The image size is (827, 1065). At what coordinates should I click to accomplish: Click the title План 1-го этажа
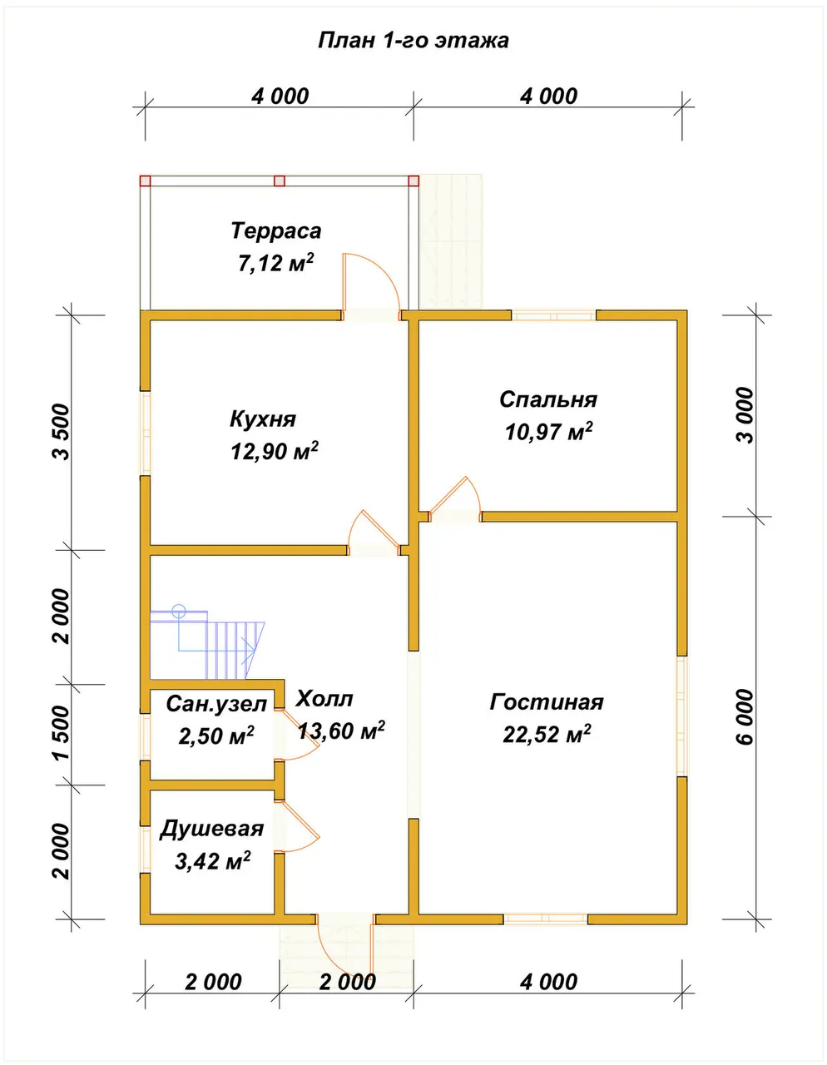(x=413, y=41)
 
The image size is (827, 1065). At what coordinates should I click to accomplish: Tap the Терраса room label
(x=276, y=230)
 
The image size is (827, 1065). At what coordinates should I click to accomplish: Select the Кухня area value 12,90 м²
(x=275, y=451)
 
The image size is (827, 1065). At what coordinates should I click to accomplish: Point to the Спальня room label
(x=548, y=400)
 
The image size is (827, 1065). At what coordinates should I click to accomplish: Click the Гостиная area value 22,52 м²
(x=547, y=734)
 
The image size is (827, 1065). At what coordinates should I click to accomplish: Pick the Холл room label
(x=324, y=698)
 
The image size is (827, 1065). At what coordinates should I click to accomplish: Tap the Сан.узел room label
(x=216, y=704)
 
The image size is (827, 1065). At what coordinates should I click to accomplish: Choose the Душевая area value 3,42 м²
(x=213, y=861)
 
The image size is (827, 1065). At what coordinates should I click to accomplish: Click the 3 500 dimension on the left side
(x=62, y=432)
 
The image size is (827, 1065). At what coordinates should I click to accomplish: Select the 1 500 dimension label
(x=62, y=733)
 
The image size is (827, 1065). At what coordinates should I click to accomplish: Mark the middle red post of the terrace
(x=280, y=181)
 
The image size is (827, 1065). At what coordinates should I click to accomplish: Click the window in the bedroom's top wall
(x=554, y=315)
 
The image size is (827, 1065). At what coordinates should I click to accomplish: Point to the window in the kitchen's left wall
(x=145, y=433)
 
